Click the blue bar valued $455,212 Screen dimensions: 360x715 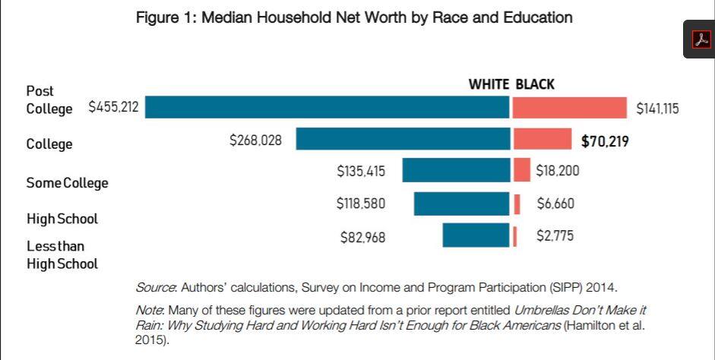tap(327, 107)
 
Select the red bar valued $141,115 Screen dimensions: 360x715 tap(569, 108)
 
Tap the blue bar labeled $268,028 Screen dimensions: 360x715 tap(403, 139)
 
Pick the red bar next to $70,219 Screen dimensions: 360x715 tap(542, 139)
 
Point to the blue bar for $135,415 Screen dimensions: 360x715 tap(456, 170)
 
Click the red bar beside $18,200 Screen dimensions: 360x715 tap(521, 170)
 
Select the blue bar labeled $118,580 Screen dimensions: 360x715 tap(461, 204)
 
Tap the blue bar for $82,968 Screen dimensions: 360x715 tap(476, 235)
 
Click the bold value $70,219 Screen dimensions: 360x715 tap(605, 141)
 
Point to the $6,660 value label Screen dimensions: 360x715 tap(555, 204)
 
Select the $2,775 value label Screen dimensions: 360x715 tap(555, 236)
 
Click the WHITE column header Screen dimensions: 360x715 tap(489, 84)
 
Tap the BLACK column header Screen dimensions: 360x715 tap(535, 84)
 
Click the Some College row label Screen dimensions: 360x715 tap(67, 183)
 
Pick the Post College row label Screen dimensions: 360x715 tap(49, 99)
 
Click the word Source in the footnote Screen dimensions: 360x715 tap(155, 288)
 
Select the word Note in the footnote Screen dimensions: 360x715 tap(150, 311)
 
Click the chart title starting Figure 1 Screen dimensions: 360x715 tap(354, 17)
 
